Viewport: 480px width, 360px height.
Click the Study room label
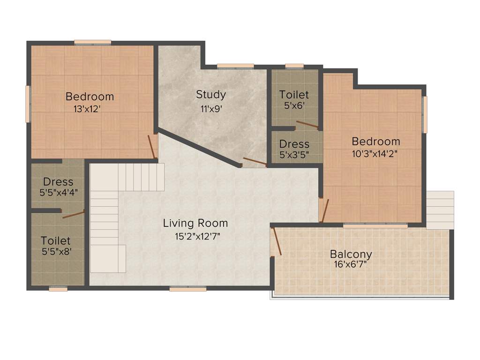point(211,94)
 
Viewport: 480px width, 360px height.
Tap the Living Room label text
point(195,223)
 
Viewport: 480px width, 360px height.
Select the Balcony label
point(351,254)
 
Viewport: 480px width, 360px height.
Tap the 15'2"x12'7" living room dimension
point(197,236)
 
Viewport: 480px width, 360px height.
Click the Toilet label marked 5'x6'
point(294,95)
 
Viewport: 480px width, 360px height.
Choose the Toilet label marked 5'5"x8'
point(55,240)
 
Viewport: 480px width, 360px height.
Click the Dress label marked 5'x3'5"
point(294,144)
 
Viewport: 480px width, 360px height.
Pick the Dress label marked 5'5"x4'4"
point(58,181)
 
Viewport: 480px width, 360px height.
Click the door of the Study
point(253,163)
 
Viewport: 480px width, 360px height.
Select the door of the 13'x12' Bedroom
point(152,146)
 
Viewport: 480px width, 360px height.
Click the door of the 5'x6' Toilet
point(306,124)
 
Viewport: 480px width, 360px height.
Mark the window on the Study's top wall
point(235,66)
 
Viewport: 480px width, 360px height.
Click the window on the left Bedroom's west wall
point(28,104)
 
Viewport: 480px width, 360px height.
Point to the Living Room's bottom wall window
point(187,289)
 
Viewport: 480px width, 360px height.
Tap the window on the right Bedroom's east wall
point(425,115)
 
